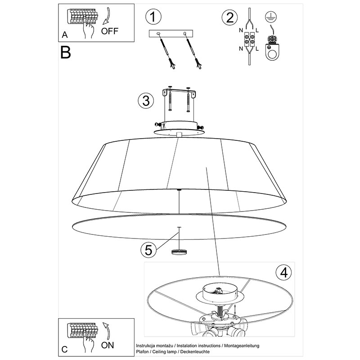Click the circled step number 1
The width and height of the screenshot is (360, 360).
coord(153,17)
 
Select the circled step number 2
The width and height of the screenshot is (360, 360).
coord(229,18)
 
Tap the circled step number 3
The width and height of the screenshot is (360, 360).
coord(146,101)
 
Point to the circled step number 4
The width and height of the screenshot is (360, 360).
coord(283,273)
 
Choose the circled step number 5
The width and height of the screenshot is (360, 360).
coord(148,250)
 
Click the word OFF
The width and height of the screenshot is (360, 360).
coord(110,31)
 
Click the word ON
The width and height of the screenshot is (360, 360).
coord(108,345)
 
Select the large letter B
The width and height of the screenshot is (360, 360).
coord(66,52)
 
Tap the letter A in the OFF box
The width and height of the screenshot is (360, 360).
coord(65,35)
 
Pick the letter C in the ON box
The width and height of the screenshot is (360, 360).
coord(65,349)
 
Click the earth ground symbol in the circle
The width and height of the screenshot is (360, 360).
coord(271,17)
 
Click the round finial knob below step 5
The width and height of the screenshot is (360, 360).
coord(179,252)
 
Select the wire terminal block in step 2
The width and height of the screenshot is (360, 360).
coord(249,39)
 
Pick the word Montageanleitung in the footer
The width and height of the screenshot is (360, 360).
coord(242,346)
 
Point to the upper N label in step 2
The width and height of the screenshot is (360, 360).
coord(241,30)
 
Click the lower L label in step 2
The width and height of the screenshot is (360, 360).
coord(257,49)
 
